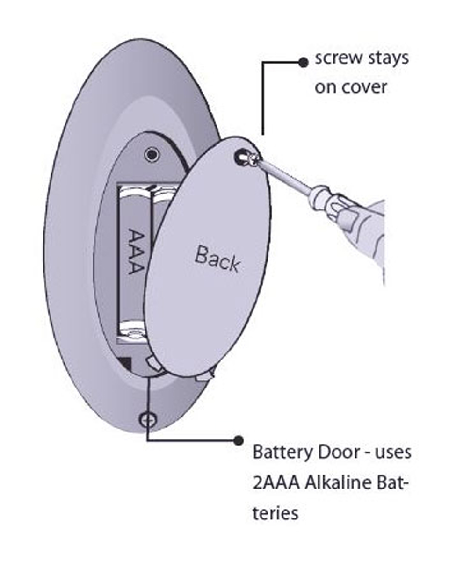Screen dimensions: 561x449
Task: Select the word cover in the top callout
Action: (x=364, y=87)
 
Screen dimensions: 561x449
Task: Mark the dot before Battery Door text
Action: (x=239, y=440)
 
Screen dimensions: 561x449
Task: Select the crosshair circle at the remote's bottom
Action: (x=147, y=419)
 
